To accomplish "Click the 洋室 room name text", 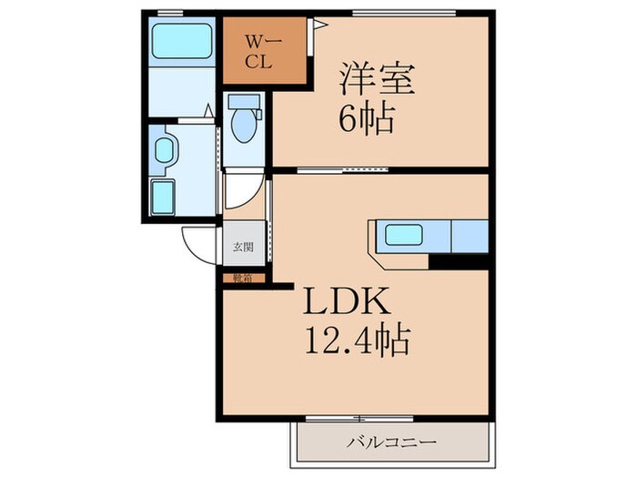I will click(379, 78).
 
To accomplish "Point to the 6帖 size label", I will click(367, 119).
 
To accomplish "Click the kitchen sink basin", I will click(403, 235).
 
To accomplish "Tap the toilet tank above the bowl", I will click(243, 101).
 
